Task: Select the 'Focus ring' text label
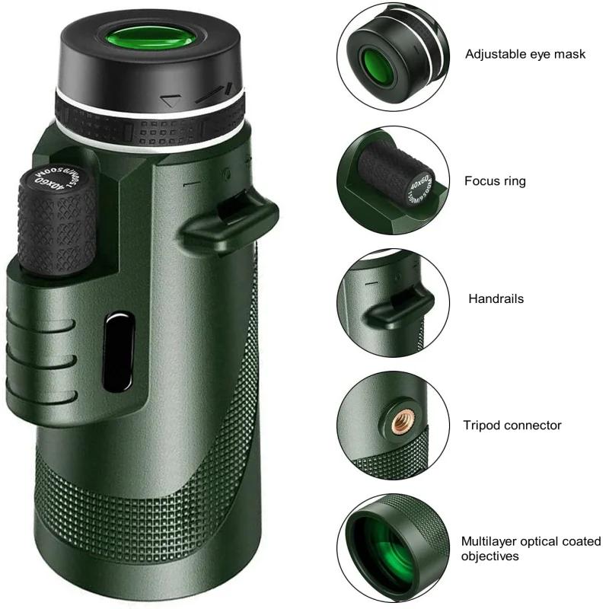click(x=495, y=181)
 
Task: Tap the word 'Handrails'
click(x=496, y=299)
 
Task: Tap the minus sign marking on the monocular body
click(x=191, y=182)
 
